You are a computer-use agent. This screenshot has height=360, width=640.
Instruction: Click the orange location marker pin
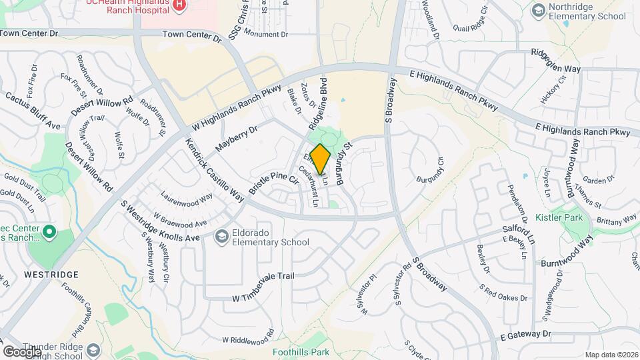click(x=320, y=159)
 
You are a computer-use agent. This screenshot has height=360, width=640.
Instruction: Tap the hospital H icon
click(x=178, y=5)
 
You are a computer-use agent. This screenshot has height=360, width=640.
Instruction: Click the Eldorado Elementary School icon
click(x=221, y=237)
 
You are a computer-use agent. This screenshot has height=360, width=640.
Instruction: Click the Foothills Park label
click(x=301, y=352)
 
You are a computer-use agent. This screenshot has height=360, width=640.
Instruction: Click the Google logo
click(x=22, y=351)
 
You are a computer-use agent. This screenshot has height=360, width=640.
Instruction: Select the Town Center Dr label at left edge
click(x=29, y=32)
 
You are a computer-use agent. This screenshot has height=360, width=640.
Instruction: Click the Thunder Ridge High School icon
click(x=94, y=350)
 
